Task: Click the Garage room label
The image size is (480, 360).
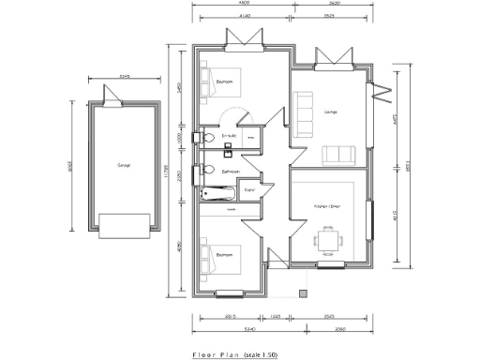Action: point(124,165)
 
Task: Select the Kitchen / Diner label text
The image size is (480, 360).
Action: point(327,205)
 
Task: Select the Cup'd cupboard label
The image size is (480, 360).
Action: point(249,190)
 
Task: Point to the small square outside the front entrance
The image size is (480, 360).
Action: point(301,292)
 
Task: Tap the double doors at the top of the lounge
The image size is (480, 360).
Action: point(333,58)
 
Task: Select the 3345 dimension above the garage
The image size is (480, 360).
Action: point(124,77)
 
